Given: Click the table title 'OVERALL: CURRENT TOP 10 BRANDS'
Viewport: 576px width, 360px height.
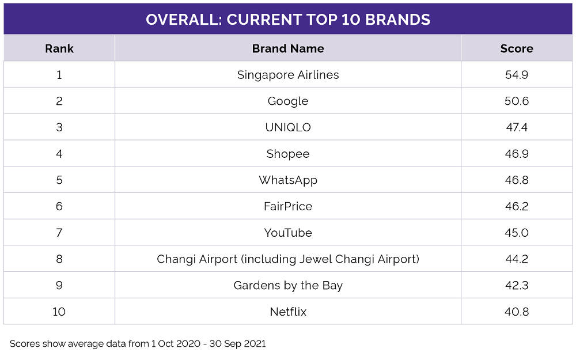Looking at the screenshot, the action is point(288,20).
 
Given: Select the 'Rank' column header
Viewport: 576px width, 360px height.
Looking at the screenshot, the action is point(59,48).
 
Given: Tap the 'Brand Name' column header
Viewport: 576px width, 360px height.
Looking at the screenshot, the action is point(288,48).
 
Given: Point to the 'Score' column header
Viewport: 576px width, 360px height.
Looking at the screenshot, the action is point(517,48).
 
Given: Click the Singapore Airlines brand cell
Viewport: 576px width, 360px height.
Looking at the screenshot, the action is point(288,75).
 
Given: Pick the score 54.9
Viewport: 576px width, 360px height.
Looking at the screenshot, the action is point(517,75).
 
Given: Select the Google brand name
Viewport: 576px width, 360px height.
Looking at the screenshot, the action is point(288,101).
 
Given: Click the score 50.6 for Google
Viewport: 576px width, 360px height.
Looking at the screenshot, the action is point(517,101).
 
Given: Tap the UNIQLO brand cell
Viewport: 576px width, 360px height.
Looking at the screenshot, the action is point(288,127).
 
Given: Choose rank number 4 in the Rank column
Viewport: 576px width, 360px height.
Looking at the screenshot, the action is point(59,154).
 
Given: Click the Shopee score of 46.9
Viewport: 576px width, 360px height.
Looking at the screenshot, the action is point(517,154).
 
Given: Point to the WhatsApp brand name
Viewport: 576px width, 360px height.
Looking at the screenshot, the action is point(288,180).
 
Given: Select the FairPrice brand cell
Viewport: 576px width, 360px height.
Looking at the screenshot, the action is point(288,206).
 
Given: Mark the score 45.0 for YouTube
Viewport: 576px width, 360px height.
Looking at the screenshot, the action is point(517,233).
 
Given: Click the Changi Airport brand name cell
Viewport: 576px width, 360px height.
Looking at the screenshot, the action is point(288,259).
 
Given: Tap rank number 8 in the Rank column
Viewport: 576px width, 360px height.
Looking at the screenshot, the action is point(59,259).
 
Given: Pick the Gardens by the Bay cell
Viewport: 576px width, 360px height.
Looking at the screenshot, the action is point(288,286).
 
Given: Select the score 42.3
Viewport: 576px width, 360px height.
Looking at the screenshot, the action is point(517,286).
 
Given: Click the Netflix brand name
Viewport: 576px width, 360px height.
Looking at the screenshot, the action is point(288,312).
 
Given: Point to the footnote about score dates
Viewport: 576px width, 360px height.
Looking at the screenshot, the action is point(138,344).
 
